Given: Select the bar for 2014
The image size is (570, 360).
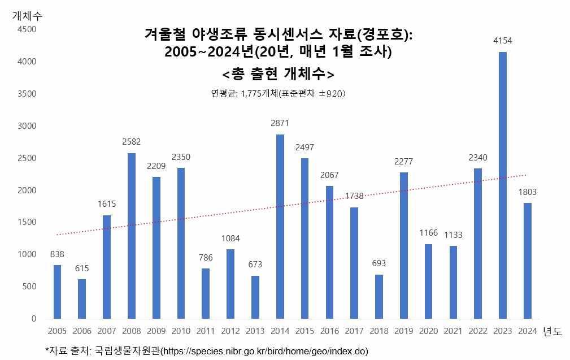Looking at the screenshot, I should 280,227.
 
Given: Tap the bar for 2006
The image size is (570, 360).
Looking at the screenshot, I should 82,299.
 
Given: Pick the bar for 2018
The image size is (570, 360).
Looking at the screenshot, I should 378,297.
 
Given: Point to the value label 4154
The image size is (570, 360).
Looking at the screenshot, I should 502,41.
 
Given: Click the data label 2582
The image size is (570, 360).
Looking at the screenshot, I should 131,142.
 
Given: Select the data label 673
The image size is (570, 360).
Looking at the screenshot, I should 255,264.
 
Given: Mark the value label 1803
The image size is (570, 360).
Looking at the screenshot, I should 527,192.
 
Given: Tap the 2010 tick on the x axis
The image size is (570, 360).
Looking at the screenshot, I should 181,331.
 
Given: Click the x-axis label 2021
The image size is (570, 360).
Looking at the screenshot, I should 453,331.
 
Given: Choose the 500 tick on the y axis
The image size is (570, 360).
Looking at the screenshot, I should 29,287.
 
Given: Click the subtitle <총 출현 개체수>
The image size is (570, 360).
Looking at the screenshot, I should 278,75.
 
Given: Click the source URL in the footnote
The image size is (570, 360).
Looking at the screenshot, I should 264,351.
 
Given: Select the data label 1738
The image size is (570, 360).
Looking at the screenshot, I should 354,196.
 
